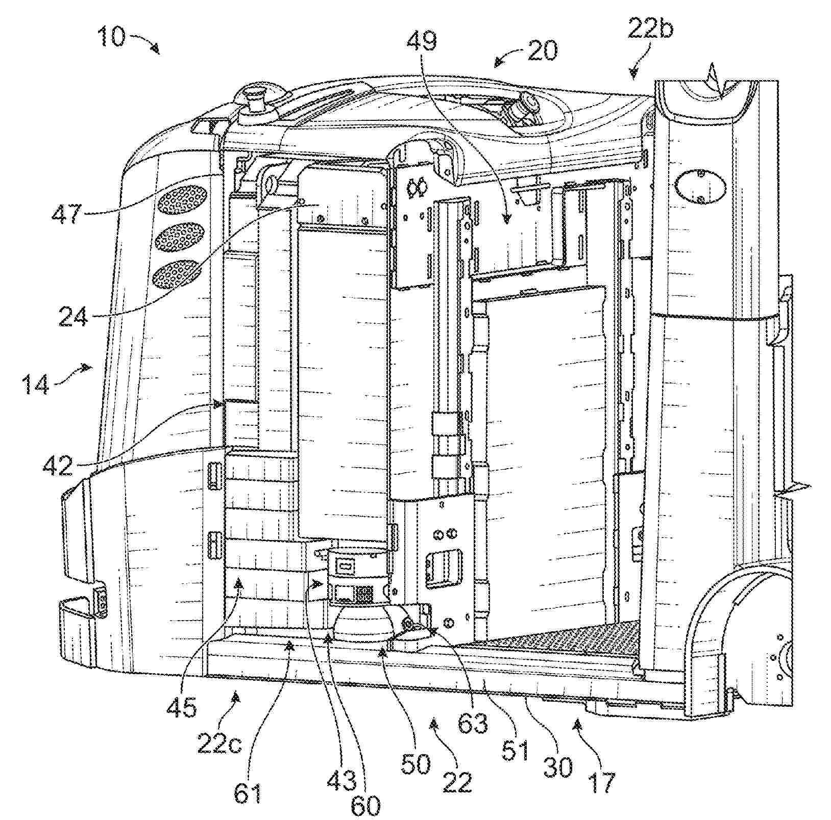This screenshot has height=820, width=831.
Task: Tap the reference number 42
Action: pyautogui.click(x=58, y=465)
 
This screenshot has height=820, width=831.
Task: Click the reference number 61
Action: pyautogui.click(x=249, y=792)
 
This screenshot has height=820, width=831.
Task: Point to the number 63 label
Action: pyautogui.click(x=472, y=723)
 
